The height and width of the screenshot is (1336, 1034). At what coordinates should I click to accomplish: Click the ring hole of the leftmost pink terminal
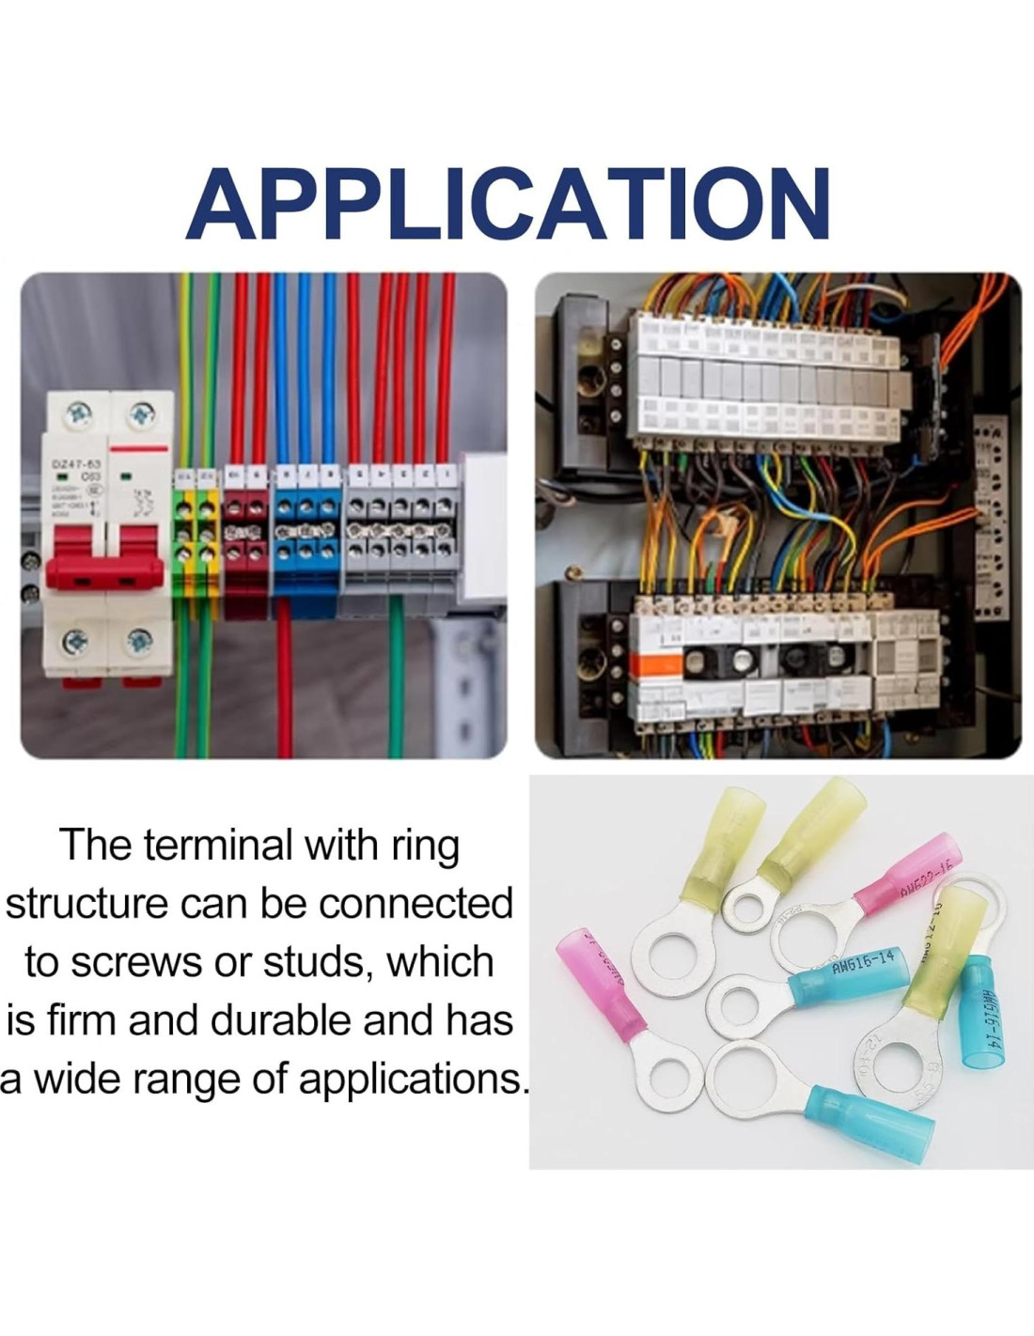pos(671,1071)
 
